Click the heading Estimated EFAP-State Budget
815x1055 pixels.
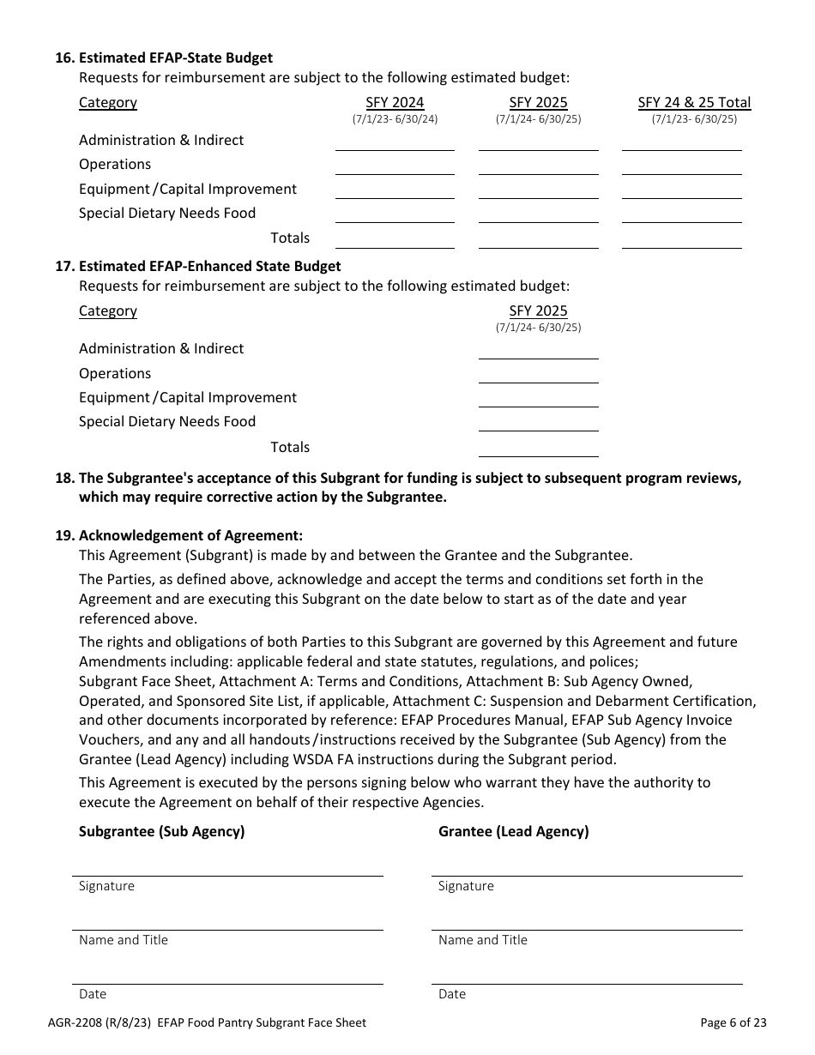coord(175,57)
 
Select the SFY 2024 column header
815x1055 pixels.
coord(395,102)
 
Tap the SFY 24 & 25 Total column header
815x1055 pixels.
coord(694,102)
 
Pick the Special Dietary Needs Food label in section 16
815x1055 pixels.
coord(167,213)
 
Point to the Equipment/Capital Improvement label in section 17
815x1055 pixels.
coord(187,397)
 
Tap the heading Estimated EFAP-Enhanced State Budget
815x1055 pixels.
coord(209,266)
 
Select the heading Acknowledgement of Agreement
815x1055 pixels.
coord(190,535)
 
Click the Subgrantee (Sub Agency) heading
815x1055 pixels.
coord(161,831)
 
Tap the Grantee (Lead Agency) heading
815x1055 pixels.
coord(513,831)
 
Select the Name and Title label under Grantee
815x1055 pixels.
coord(482,940)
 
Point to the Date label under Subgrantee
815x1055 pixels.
coord(93,994)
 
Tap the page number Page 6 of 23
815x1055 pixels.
coord(733,1022)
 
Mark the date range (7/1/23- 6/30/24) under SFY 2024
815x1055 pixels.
coord(395,119)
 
